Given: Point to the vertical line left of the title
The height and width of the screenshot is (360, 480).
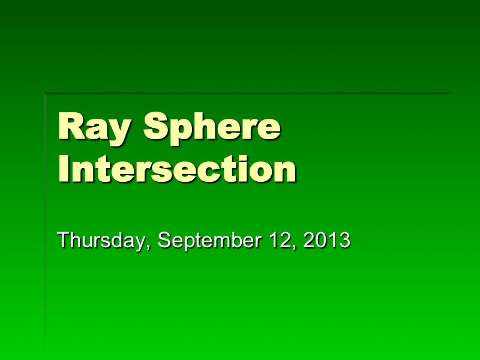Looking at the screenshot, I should (46, 210).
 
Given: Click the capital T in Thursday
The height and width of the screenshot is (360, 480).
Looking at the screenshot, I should (64, 240).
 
